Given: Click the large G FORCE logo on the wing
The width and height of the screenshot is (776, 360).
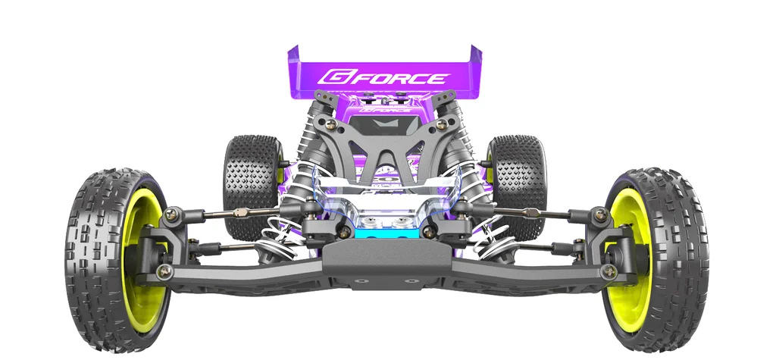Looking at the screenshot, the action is (x=383, y=77).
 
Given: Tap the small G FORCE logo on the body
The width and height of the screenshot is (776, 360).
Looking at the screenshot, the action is (x=384, y=109).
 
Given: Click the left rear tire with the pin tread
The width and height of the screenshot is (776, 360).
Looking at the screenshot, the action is (x=252, y=184).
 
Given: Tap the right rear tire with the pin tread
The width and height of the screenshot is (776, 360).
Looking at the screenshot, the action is (x=518, y=184).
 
